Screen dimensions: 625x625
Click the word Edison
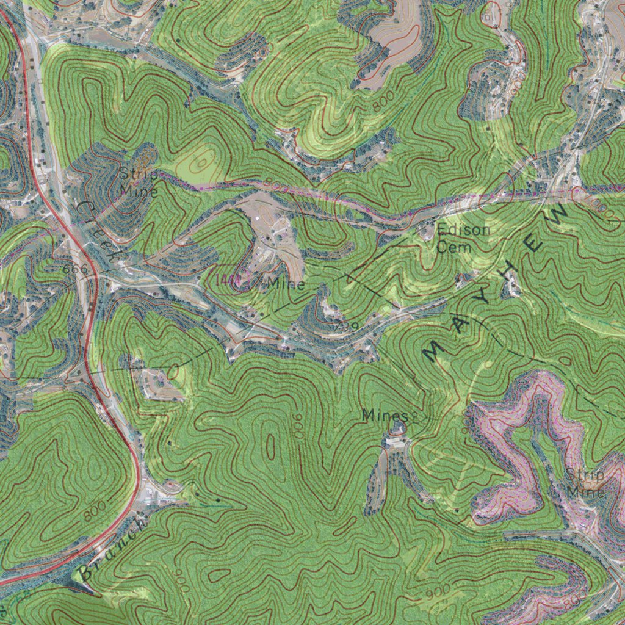463,231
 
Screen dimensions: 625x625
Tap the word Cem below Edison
454,247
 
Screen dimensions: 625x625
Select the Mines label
384,416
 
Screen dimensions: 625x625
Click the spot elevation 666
75,269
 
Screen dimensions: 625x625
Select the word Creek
95,231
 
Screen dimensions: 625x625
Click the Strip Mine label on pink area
585,483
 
